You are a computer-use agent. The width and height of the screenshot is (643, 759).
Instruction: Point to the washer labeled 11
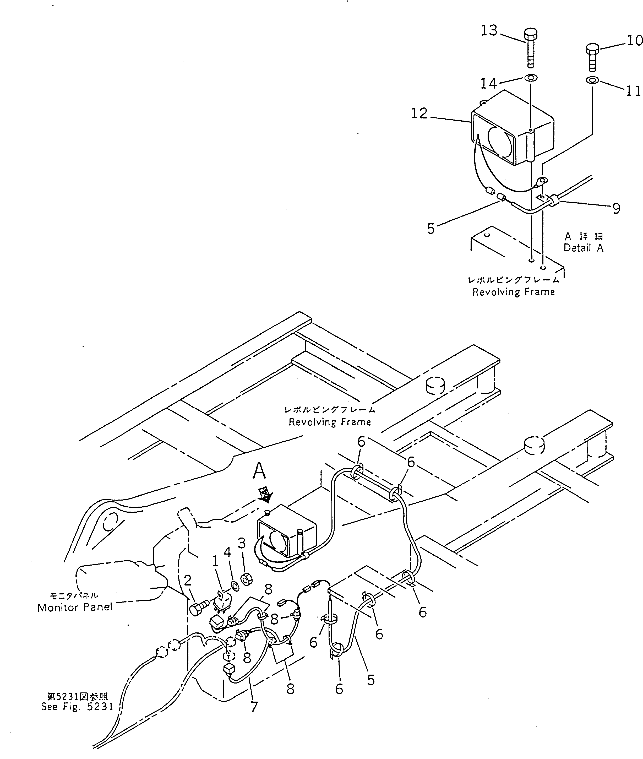point(593,80)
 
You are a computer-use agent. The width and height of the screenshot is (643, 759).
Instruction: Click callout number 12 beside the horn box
point(419,114)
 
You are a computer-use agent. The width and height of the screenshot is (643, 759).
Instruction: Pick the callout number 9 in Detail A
point(616,209)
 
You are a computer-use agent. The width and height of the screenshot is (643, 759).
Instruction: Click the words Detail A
point(583,248)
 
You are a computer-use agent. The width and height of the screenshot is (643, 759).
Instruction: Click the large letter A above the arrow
point(260,471)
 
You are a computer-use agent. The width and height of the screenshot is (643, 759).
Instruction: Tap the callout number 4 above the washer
point(227,552)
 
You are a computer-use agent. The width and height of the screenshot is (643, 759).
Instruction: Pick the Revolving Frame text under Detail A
point(513,292)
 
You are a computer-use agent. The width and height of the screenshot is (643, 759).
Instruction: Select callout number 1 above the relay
point(215,561)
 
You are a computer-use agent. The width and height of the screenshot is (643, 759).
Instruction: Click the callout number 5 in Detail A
point(431,229)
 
